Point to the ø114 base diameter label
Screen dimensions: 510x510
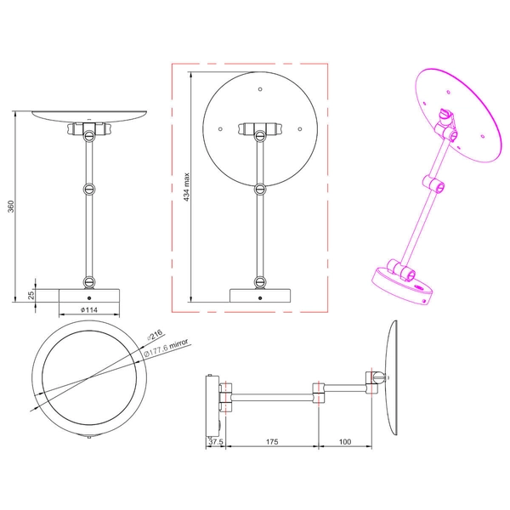[88, 310]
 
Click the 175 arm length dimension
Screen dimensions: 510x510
[271, 442]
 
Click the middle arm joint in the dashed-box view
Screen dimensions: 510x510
[259, 188]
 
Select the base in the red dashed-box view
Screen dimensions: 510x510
[259, 295]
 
